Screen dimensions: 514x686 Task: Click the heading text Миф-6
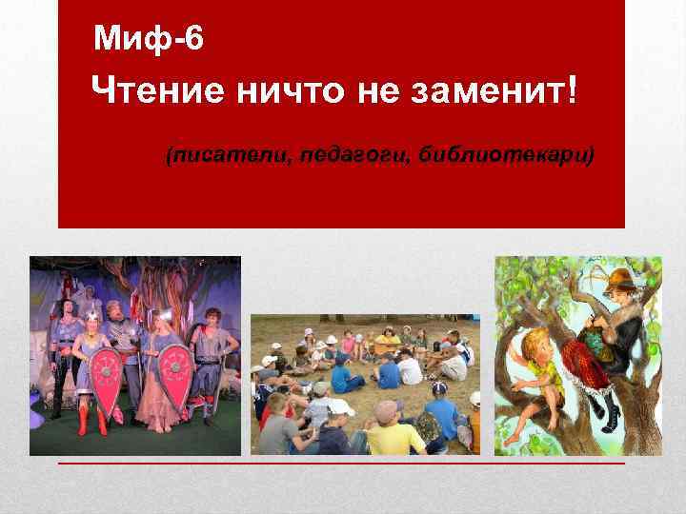pyautogui.click(x=149, y=39)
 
